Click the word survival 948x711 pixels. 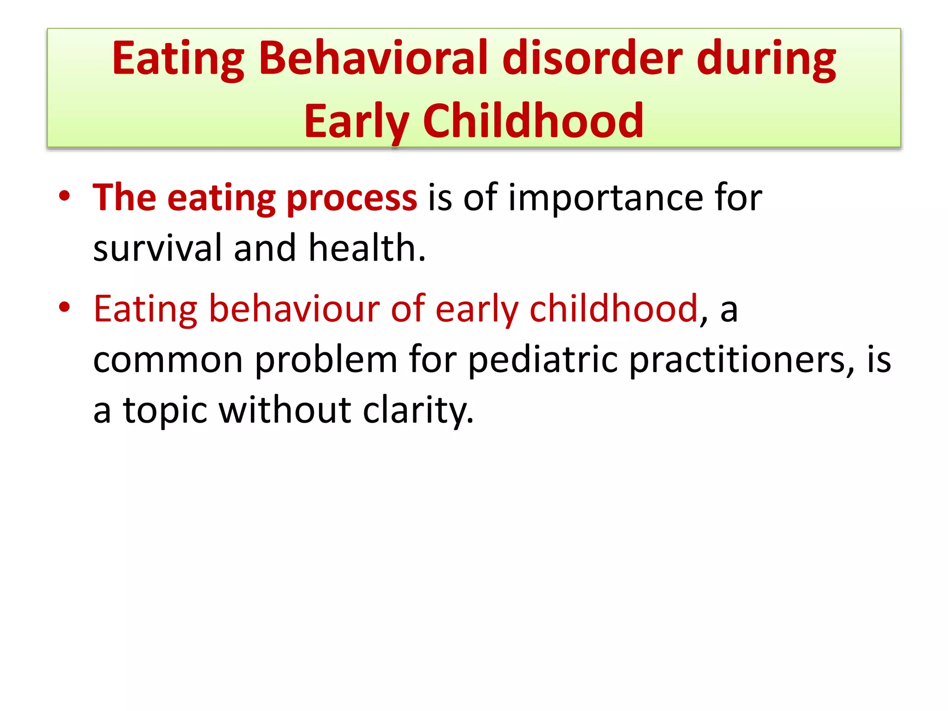pyautogui.click(x=157, y=248)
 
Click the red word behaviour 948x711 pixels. pyautogui.click(x=294, y=308)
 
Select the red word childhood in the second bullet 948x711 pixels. pyautogui.click(x=613, y=308)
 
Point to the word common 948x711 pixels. pyautogui.click(x=168, y=360)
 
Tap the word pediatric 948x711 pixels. pyautogui.click(x=542, y=360)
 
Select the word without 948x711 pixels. pyautogui.click(x=285, y=410)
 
